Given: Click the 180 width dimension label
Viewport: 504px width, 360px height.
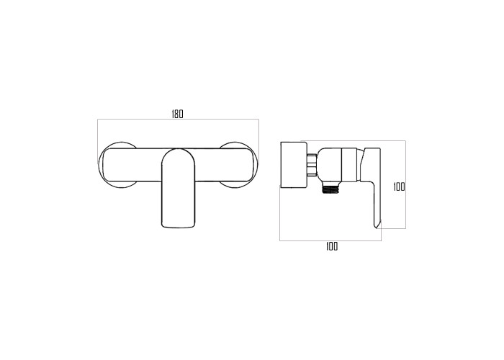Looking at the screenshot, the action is tap(177, 114).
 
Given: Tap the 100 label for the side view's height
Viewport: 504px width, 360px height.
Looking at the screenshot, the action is tap(399, 186).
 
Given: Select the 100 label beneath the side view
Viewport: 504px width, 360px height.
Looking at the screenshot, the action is tap(332, 246).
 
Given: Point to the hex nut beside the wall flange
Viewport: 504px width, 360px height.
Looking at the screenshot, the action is tap(312, 165).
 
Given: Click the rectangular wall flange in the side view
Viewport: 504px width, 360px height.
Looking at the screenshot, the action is tap(294, 165).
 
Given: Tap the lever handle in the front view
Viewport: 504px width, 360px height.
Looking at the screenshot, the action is tap(179, 189).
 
